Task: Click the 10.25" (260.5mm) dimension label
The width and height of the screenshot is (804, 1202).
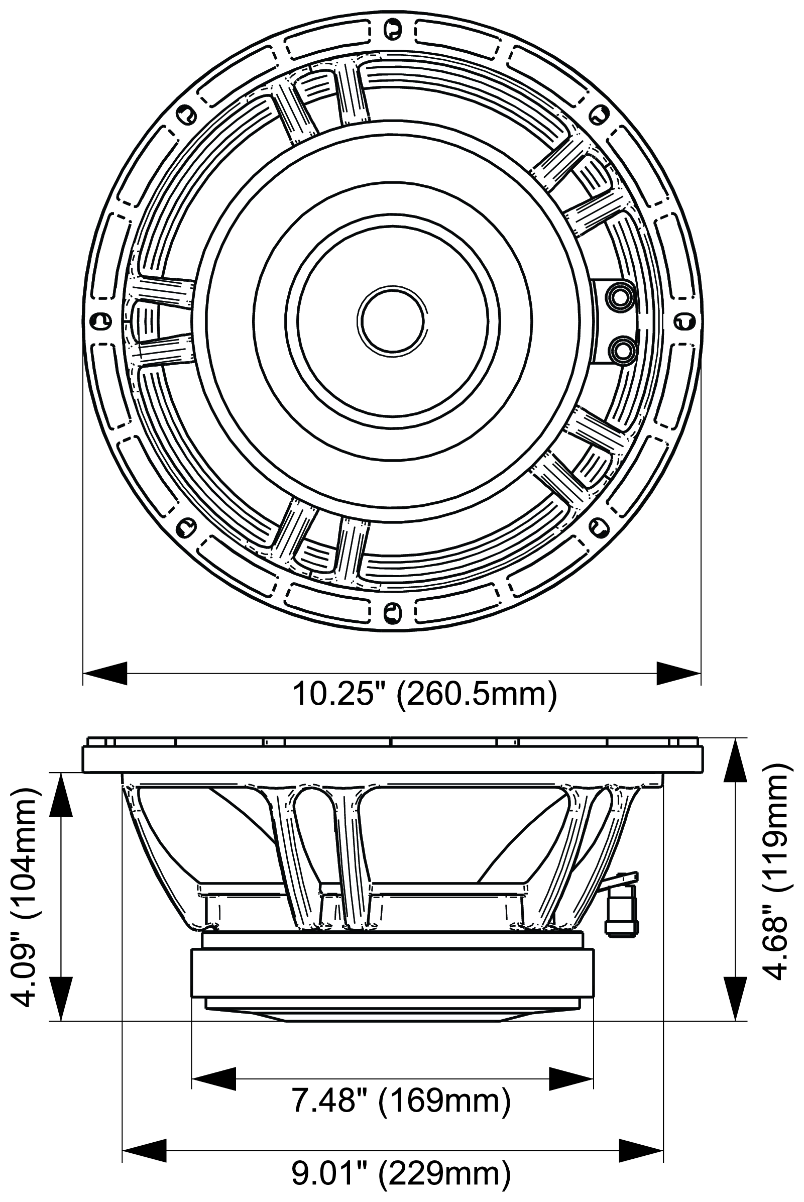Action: [424, 696]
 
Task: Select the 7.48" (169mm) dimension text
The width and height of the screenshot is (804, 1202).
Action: [401, 1101]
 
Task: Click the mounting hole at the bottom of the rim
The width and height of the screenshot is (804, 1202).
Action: [392, 611]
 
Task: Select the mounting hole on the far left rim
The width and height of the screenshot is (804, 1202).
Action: [100, 321]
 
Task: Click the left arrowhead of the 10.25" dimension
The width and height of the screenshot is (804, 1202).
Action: [105, 673]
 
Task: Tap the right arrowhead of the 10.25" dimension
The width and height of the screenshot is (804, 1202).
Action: [678, 673]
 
